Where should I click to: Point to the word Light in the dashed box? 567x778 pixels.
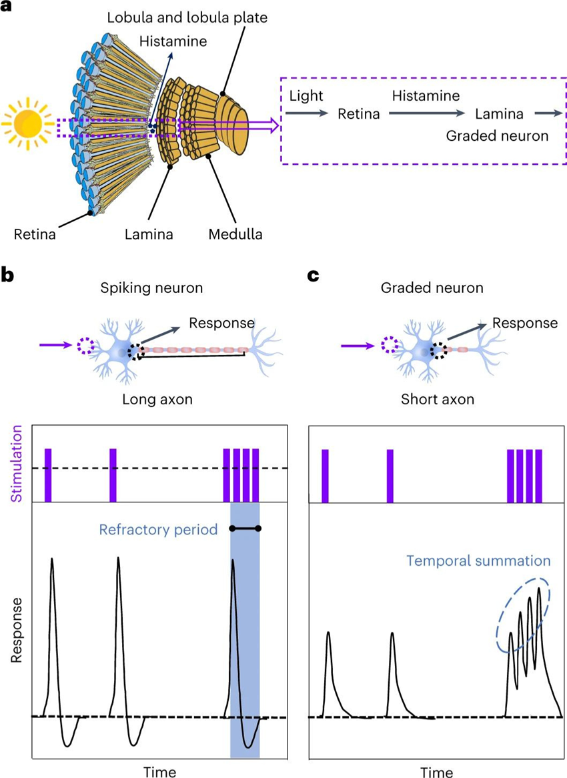click(x=303, y=97)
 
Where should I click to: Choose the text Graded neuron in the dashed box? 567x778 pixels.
click(x=497, y=136)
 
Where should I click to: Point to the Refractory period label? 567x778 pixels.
click(x=158, y=530)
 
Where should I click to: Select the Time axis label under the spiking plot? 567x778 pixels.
click(x=159, y=772)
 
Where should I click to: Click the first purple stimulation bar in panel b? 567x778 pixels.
click(x=48, y=475)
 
